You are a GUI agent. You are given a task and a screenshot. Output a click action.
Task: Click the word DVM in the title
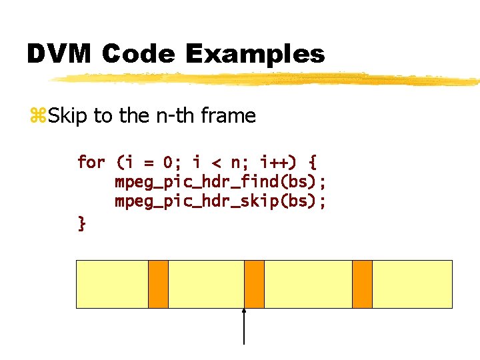(x=59, y=53)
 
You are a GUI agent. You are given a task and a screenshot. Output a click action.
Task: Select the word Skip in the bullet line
(x=69, y=116)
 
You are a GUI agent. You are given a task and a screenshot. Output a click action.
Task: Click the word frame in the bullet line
(x=228, y=116)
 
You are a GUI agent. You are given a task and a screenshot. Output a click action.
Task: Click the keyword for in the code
(x=91, y=162)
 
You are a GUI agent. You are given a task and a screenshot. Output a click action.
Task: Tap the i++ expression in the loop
(x=275, y=162)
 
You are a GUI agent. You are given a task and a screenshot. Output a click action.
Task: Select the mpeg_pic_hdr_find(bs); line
(x=221, y=182)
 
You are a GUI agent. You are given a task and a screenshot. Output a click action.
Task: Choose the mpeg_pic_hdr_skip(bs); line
(x=221, y=201)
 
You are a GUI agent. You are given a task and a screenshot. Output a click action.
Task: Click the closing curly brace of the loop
(x=81, y=223)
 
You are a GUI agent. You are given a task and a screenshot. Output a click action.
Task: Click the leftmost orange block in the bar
(x=158, y=284)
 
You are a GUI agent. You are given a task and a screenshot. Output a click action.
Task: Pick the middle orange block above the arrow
(x=254, y=284)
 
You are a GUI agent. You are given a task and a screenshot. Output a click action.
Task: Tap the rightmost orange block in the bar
(x=362, y=284)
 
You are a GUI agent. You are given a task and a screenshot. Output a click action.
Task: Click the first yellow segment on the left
(x=112, y=284)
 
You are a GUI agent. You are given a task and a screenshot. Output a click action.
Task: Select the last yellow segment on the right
(x=412, y=284)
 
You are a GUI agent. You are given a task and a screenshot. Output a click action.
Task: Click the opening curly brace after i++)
(x=313, y=162)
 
